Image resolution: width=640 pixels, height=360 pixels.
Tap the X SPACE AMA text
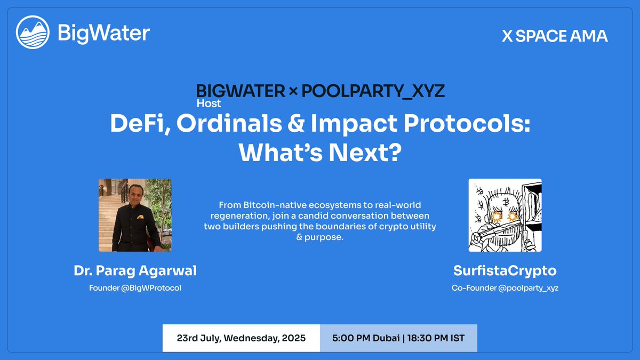coord(555,36)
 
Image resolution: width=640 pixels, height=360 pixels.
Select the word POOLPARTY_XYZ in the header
coord(373,91)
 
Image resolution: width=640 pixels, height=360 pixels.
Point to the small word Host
coord(209,103)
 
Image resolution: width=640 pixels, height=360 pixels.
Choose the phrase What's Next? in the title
coord(319,153)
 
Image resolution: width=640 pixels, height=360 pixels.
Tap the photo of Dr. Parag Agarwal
coord(135,215)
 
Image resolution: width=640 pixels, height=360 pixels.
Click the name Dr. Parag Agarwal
coord(135,271)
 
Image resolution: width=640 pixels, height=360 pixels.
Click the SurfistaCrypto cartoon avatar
coord(505,215)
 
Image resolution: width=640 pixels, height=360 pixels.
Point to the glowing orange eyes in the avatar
coord(505,217)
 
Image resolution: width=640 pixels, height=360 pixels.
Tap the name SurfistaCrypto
coord(505,271)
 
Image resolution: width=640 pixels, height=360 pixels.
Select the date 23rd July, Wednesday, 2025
coord(241,338)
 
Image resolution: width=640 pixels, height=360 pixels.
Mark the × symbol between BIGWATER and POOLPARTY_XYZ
coord(293,92)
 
